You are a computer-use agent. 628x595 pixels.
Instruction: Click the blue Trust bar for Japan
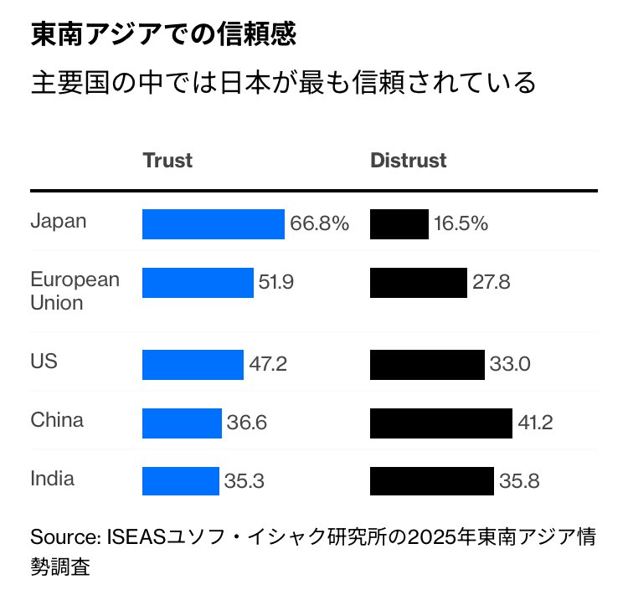coord(214,224)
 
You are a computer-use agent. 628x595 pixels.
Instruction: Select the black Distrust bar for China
coord(440,423)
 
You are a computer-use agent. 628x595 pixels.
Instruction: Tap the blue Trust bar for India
coord(180,481)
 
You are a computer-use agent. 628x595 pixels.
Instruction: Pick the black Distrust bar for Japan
coord(399,224)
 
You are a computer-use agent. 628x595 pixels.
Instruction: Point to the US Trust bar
coord(193,365)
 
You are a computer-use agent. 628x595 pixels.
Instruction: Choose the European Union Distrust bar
coord(418,283)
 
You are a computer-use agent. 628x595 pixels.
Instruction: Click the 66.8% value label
coord(319,224)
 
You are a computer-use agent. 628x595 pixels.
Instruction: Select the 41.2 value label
coord(535,423)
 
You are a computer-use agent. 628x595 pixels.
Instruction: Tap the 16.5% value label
coord(461,224)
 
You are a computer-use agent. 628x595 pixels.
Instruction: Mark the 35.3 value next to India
coord(244,481)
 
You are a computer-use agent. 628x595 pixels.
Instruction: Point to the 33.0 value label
coord(510,365)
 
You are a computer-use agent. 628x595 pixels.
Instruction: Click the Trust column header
coord(167,160)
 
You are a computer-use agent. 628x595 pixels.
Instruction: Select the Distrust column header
coord(409,160)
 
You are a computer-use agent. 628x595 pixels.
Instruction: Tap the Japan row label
coord(59,222)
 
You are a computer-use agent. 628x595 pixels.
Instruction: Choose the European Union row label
coord(75,290)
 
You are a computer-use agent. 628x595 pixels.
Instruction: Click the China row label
coord(57,420)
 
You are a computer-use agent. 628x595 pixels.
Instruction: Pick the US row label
coord(44,362)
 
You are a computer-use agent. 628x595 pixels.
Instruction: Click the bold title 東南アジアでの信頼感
coord(164,35)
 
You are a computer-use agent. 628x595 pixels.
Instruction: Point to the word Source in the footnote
coord(64,536)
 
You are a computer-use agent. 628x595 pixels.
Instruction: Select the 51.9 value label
coord(275,283)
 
